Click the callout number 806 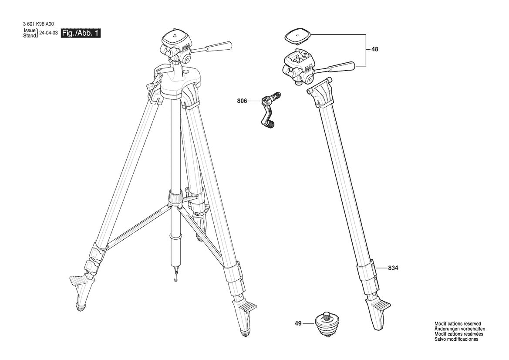(242, 101)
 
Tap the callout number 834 (393, 268)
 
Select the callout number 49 (298, 323)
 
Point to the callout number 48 (375, 50)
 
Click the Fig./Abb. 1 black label (81, 33)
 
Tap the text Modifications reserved (458, 323)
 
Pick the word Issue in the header (30, 31)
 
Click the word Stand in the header (30, 36)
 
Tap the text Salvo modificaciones (456, 339)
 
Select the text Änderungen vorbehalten (460, 329)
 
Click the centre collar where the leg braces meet (175, 198)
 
